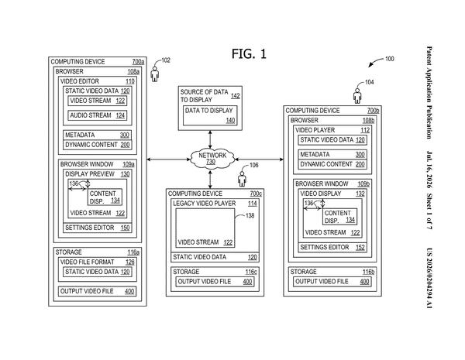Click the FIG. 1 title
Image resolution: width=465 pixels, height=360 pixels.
(x=249, y=54)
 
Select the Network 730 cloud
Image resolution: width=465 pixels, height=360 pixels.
(x=212, y=159)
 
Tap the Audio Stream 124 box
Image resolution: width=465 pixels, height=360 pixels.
(x=98, y=115)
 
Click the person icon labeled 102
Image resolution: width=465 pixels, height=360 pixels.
(x=154, y=74)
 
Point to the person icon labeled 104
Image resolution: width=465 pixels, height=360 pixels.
(x=357, y=96)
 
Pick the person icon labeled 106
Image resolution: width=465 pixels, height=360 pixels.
(x=242, y=179)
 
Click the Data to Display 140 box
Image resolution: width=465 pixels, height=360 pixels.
(x=210, y=115)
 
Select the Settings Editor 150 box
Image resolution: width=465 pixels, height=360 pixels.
(x=98, y=228)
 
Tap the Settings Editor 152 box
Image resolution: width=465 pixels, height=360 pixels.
(x=332, y=248)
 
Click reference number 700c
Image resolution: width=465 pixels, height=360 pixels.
(x=256, y=194)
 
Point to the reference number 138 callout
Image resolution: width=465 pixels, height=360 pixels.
(x=250, y=216)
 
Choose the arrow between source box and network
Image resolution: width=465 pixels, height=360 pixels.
(x=210, y=139)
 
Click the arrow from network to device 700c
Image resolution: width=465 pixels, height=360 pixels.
(x=210, y=180)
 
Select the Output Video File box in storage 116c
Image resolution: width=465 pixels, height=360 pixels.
(x=215, y=282)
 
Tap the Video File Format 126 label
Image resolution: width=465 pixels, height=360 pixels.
(x=98, y=262)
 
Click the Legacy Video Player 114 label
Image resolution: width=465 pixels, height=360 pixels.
(x=215, y=204)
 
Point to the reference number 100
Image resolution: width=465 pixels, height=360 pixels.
(x=389, y=59)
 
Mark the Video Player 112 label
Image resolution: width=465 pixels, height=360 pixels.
(x=332, y=130)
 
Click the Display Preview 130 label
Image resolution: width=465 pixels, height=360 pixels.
(x=98, y=174)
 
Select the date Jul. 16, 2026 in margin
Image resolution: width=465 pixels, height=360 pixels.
(x=429, y=170)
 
